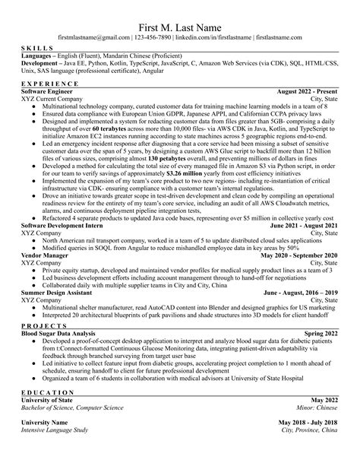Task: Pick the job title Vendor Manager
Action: point(46,255)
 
